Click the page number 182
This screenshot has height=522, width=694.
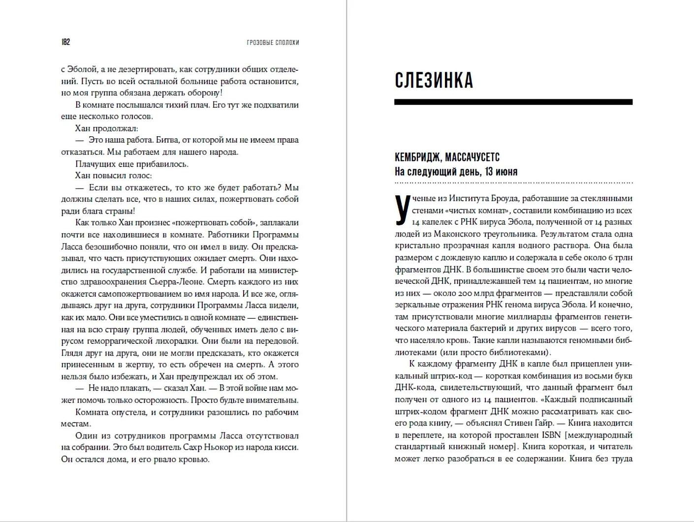click(65, 42)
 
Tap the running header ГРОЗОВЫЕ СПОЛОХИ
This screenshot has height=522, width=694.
click(273, 43)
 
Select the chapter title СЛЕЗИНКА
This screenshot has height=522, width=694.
click(434, 81)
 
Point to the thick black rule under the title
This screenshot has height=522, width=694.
click(513, 102)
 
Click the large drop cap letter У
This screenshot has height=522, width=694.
click(403, 210)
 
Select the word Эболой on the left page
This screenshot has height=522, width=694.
click(83, 69)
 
